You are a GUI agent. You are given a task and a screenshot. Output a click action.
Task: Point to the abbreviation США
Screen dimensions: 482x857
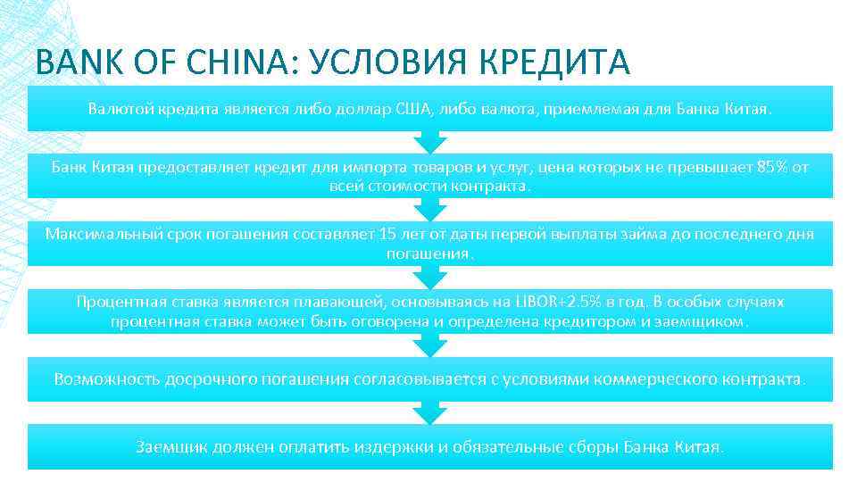coord(412,109)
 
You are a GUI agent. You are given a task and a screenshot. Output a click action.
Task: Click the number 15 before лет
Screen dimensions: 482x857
coord(388,234)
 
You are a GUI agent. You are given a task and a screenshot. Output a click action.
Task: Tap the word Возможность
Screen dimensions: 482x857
coord(106,378)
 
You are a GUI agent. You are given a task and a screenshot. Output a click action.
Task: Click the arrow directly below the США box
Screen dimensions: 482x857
coord(430,142)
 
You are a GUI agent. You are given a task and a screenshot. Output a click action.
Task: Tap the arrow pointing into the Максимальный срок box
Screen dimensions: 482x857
coord(430,210)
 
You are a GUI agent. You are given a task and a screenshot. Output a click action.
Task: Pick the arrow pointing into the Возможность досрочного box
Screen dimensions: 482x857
coord(430,345)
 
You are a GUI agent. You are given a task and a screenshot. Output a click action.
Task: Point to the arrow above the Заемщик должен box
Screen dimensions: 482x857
coord(430,412)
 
